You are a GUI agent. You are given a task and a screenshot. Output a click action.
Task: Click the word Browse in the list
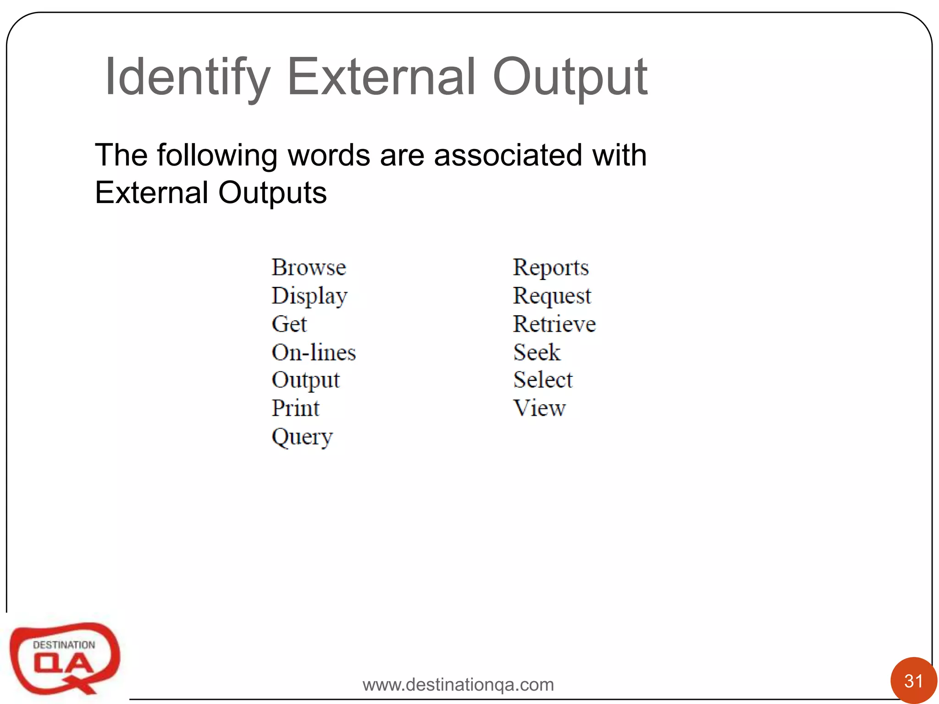pos(309,267)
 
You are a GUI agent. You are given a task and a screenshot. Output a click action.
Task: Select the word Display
pos(309,296)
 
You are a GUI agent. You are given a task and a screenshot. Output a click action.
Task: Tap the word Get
pos(289,324)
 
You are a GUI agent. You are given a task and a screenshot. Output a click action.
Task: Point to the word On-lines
pos(314,352)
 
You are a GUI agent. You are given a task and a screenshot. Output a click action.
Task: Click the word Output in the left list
pos(305,380)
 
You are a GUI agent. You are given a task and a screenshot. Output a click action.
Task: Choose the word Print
pos(295,408)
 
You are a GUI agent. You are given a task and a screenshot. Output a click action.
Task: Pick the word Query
pos(302,437)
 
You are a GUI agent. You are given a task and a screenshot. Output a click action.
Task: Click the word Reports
pos(551,268)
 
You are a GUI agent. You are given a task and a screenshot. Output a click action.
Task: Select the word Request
pos(552,296)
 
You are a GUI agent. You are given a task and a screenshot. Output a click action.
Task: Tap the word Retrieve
pos(554,324)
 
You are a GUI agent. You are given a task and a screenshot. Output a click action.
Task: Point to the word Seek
pos(537,352)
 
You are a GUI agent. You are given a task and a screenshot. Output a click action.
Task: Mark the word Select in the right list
pos(543,380)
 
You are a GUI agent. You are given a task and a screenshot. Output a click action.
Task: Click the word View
pos(540,408)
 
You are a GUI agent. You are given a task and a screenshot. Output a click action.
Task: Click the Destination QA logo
pos(64,658)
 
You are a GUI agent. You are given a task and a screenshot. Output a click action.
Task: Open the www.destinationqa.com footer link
pos(458,684)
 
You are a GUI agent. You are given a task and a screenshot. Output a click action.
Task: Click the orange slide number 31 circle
pos(913,681)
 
